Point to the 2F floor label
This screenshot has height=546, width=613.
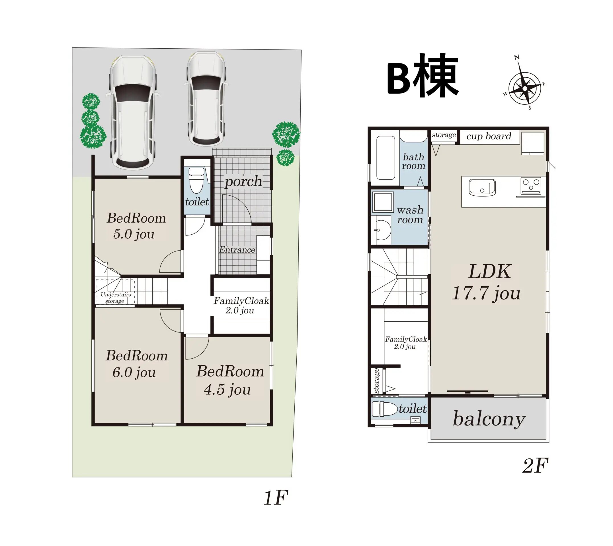click(535, 465)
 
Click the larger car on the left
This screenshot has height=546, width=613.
click(133, 112)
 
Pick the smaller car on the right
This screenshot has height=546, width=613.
click(206, 99)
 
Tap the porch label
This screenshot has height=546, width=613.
click(243, 181)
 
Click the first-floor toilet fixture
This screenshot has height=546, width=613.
click(196, 180)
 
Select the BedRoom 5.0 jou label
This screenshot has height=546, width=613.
click(136, 226)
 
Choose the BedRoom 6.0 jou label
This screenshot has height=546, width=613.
click(136, 364)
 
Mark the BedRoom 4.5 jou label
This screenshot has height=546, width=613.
click(230, 380)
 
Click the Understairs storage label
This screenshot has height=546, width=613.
click(116, 298)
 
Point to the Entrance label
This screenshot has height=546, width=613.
click(237, 249)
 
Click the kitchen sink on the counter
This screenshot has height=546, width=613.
click(482, 187)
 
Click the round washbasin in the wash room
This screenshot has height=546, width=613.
click(382, 230)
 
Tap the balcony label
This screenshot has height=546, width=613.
click(489, 419)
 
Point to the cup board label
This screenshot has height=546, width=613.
click(489, 136)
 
